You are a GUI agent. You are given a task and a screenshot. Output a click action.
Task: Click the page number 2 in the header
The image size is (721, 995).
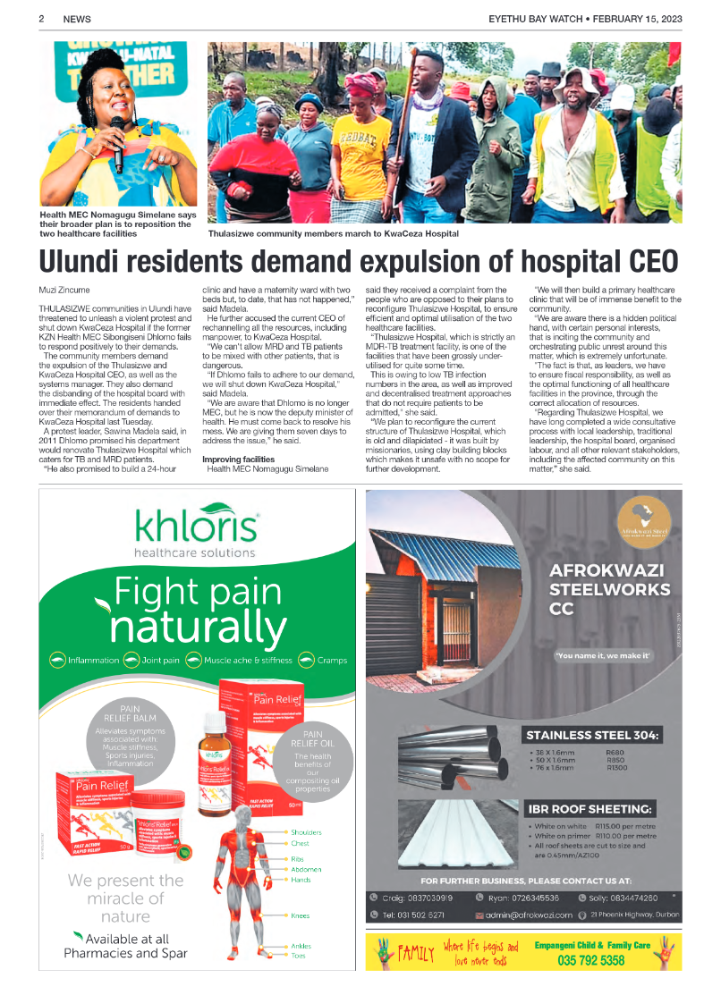[x=42, y=19]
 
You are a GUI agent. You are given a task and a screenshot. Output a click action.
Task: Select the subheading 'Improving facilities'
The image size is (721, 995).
[x=238, y=459]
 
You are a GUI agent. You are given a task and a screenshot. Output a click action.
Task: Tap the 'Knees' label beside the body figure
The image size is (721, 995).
[x=300, y=915]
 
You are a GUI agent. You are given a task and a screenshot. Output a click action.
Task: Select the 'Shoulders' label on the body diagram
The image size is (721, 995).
[x=306, y=832]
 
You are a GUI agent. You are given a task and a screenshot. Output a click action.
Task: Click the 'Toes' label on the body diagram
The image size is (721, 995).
[x=298, y=956]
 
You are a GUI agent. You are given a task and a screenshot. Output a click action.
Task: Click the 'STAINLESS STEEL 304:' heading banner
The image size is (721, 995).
[x=593, y=736]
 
